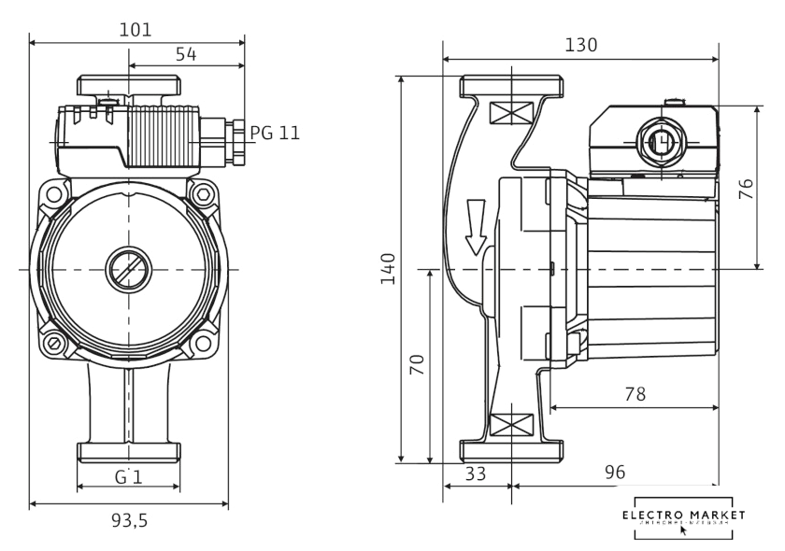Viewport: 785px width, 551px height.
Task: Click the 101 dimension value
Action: pyautogui.click(x=136, y=30)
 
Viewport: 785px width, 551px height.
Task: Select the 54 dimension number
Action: pyautogui.click(x=186, y=55)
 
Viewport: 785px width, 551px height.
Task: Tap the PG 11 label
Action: pyautogui.click(x=275, y=133)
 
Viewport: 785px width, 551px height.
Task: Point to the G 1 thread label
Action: pyautogui.click(x=128, y=477)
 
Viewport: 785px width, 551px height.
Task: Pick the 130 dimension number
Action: pyautogui.click(x=580, y=45)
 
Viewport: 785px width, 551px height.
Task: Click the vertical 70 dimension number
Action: pyautogui.click(x=417, y=365)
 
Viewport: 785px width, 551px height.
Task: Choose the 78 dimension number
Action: pyautogui.click(x=635, y=394)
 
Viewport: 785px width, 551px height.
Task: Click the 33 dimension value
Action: pyautogui.click(x=476, y=473)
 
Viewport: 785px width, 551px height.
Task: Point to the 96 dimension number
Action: pyautogui.click(x=614, y=473)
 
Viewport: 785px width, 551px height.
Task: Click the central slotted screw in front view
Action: pyautogui.click(x=128, y=270)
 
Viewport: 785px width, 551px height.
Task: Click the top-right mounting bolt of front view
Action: pyautogui.click(x=202, y=194)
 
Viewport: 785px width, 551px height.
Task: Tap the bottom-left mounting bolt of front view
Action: pyautogui.click(x=55, y=345)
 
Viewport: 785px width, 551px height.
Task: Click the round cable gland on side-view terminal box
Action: pyautogui.click(x=660, y=142)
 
